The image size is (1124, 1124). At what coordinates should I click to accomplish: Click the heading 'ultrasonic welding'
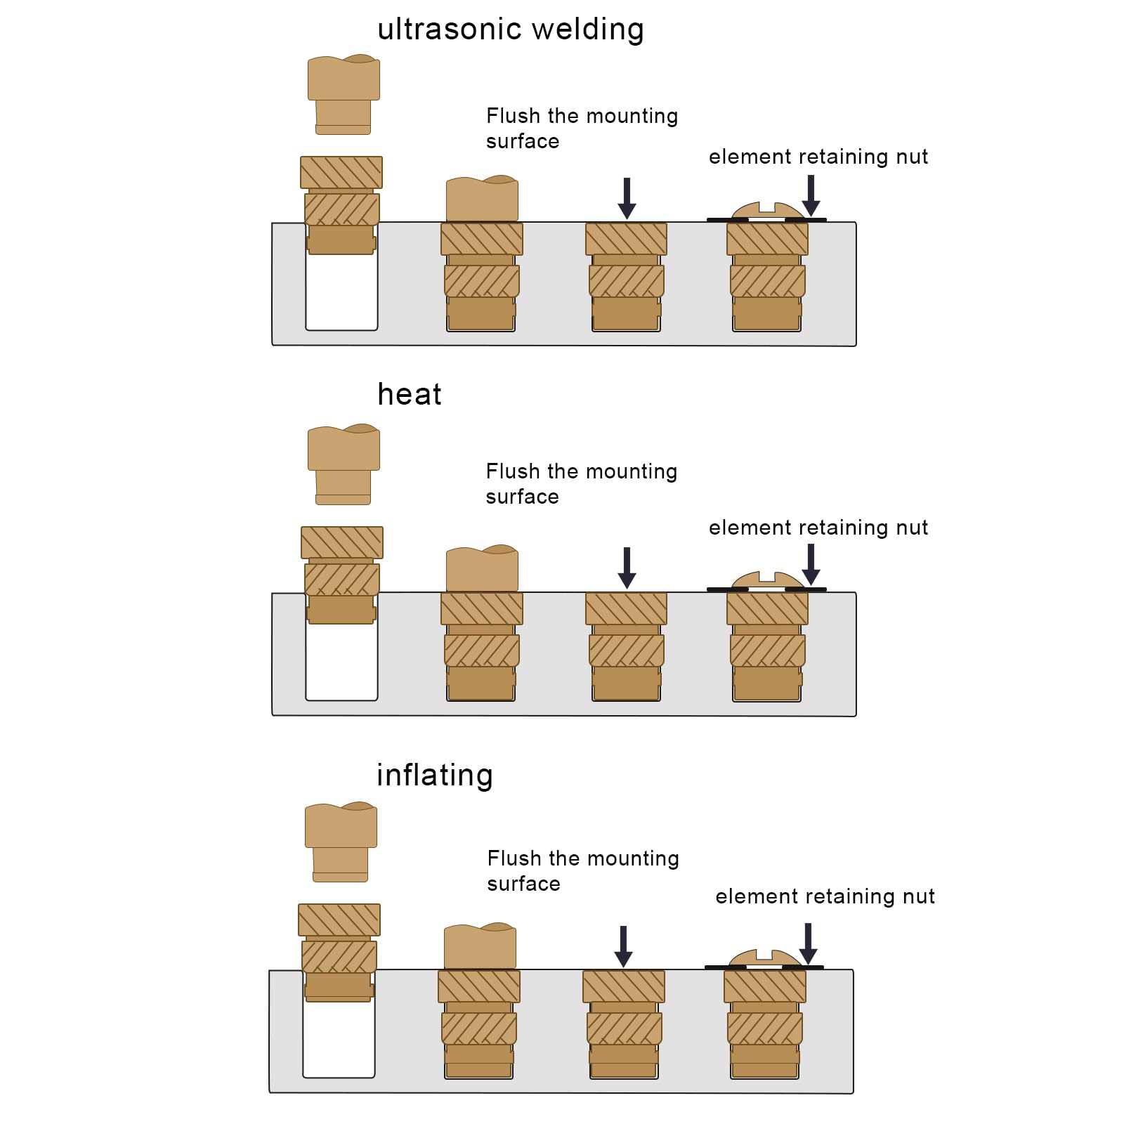click(x=510, y=30)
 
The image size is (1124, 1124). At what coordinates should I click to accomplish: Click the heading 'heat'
click(x=409, y=395)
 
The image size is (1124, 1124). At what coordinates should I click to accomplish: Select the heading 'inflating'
click(x=434, y=776)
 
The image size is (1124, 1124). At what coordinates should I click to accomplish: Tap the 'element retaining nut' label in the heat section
click(x=818, y=528)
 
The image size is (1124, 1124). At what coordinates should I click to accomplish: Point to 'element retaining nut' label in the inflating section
click(x=825, y=896)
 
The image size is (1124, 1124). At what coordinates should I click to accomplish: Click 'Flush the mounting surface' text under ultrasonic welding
click(x=582, y=129)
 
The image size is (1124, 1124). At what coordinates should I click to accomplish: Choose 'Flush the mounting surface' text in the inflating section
click(x=583, y=871)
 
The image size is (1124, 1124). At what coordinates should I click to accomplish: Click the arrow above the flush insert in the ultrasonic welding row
click(x=627, y=198)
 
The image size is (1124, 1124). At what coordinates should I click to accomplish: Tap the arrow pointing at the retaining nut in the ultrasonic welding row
click(x=811, y=195)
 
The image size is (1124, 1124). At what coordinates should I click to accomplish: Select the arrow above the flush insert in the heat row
click(x=627, y=568)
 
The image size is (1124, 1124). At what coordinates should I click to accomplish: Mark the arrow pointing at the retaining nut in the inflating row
click(x=808, y=943)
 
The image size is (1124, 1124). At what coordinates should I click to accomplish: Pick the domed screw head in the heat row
click(x=767, y=580)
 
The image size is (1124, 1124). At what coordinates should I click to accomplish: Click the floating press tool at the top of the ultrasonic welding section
click(x=344, y=94)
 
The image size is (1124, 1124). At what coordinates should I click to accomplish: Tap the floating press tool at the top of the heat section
click(x=344, y=464)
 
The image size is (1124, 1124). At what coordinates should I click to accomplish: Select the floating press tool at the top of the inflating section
click(x=341, y=842)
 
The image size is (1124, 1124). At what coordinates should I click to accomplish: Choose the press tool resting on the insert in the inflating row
click(x=480, y=947)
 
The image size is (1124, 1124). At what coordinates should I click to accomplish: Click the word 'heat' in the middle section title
click(x=409, y=395)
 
